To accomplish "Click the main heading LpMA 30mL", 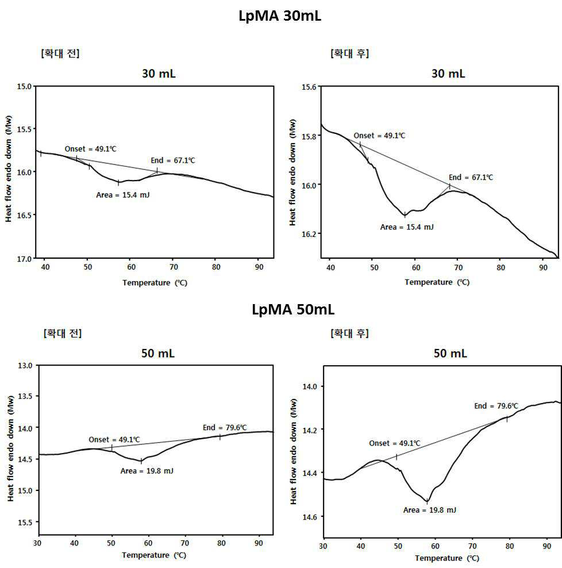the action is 280,16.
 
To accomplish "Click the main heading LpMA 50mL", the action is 293,310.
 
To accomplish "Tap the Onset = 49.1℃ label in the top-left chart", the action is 91,149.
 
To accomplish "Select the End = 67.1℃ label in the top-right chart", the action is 471,177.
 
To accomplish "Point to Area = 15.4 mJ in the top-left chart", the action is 123,195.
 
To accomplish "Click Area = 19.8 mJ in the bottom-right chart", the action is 430,510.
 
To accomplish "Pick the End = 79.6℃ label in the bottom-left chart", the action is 225,428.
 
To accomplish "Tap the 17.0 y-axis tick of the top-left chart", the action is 24,259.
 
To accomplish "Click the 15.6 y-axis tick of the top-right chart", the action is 309,87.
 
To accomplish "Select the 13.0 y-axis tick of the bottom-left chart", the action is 25,366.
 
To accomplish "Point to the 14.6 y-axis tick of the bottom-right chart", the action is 310,517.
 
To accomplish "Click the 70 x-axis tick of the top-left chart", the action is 174,267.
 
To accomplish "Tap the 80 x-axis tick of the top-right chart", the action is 501,268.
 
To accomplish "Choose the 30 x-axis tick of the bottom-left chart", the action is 37,543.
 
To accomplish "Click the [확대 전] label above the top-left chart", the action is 60,53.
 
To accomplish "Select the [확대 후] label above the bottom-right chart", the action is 349,333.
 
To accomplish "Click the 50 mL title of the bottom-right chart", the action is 451,353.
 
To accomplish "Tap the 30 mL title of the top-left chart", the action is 159,74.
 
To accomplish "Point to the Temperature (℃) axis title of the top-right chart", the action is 437,282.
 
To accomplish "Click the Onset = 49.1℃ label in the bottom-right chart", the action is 395,443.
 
